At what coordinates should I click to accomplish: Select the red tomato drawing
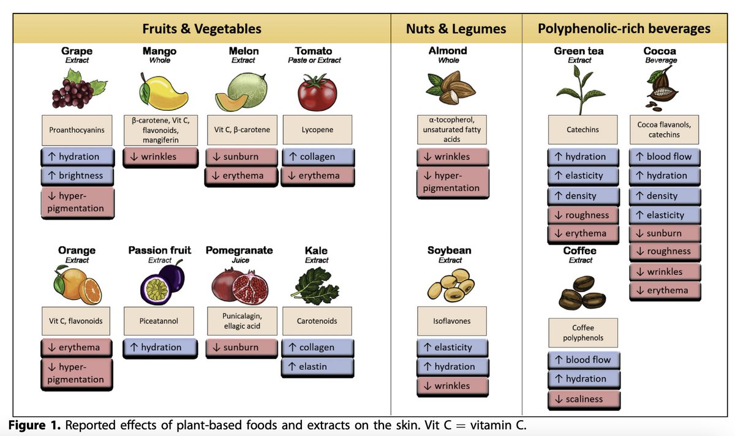click(317, 92)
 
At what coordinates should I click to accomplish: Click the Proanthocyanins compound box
click(77, 130)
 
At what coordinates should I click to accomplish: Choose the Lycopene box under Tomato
click(317, 130)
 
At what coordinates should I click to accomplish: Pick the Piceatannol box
click(160, 320)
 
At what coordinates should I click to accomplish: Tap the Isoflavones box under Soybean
click(453, 320)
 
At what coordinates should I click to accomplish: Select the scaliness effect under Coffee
click(584, 399)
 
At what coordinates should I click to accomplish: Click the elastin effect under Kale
click(317, 367)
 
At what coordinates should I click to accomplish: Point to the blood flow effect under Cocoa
click(665, 157)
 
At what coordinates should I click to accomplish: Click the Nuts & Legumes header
click(456, 29)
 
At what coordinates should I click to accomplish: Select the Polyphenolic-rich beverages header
click(624, 29)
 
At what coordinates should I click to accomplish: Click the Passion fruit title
click(160, 250)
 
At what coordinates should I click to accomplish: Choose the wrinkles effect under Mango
click(160, 157)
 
